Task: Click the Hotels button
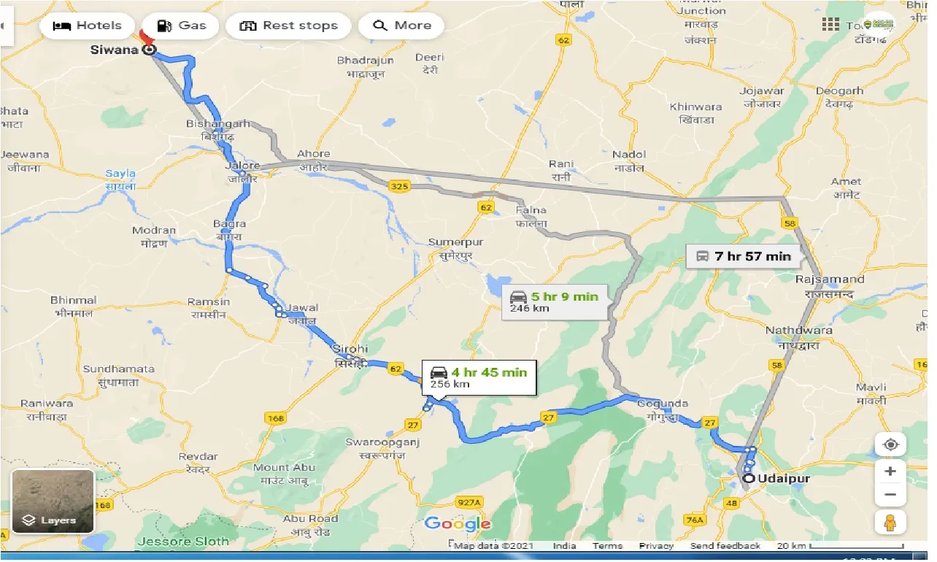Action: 88,26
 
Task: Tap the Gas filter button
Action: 182,26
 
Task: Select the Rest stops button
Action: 289,26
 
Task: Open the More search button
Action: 402,26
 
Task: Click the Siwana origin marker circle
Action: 149,50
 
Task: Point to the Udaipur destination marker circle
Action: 749,480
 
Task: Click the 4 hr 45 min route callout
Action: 479,377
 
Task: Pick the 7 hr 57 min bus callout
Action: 744,256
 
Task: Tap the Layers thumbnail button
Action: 53,501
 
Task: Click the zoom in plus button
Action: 890,471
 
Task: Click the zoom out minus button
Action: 890,496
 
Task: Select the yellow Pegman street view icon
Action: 890,522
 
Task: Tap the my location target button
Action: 890,444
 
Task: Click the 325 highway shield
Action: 399,187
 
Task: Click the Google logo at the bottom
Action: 458,523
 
